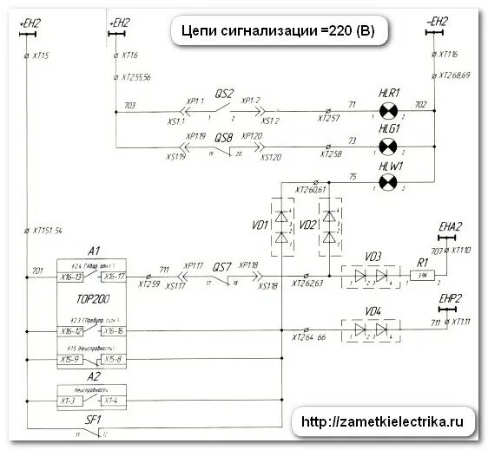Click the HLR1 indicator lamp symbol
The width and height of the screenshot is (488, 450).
click(388, 111)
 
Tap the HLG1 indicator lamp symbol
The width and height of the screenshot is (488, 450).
click(388, 145)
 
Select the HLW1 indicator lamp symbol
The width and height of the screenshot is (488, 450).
click(388, 179)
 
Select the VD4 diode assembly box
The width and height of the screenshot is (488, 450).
click(371, 328)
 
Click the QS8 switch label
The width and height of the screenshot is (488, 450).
click(222, 137)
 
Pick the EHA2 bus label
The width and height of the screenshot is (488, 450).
click(449, 227)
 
